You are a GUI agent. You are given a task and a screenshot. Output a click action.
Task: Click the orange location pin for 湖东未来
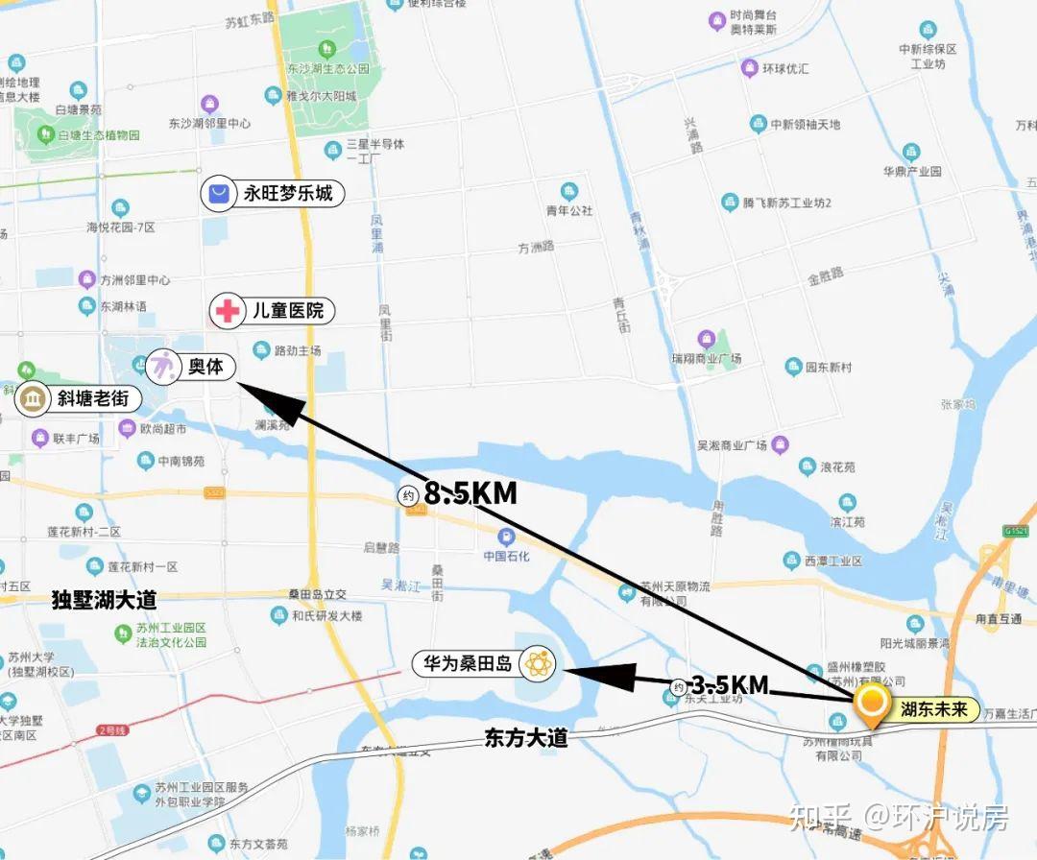pos(872,703)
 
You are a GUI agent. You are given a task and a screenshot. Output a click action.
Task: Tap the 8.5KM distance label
pos(470,493)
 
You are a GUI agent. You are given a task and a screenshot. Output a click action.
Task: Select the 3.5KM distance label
pos(731,685)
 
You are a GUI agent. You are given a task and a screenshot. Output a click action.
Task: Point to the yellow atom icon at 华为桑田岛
pos(536,663)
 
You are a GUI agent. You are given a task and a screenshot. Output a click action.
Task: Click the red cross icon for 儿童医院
pos(228,311)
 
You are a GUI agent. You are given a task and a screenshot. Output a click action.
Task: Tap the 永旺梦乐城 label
pos(287,194)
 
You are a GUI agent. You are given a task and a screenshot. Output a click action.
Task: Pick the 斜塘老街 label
pos(93,398)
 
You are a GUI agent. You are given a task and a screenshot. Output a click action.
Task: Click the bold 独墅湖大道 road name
pos(104,601)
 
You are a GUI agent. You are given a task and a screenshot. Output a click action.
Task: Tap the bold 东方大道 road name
pos(526,738)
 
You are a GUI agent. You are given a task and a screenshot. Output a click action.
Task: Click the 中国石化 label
pos(507,556)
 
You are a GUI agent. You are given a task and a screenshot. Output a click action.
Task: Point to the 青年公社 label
pos(569,210)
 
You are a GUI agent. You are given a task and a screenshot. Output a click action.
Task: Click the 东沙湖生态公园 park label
pos(327,69)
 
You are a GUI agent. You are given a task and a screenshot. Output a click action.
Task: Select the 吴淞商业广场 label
pos(732,446)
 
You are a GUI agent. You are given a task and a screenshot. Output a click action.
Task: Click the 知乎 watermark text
pos(819,817)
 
